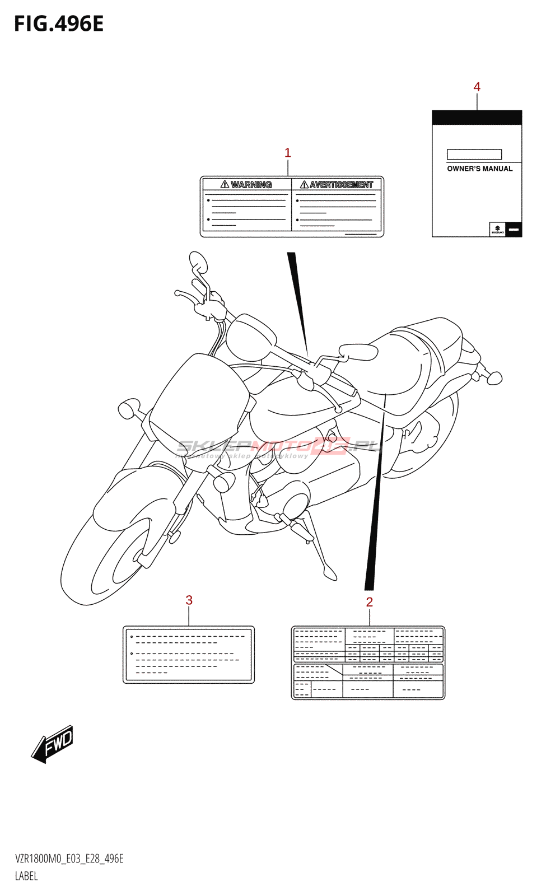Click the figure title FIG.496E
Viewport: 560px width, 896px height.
pyautogui.click(x=59, y=24)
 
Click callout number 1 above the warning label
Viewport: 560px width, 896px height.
pyautogui.click(x=288, y=152)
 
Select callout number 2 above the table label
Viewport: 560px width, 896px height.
pyautogui.click(x=370, y=602)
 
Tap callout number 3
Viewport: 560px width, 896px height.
pyautogui.click(x=189, y=600)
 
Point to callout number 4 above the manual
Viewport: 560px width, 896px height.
pyautogui.click(x=477, y=87)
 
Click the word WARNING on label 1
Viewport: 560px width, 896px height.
pyautogui.click(x=251, y=184)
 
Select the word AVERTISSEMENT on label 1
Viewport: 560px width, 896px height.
pyautogui.click(x=340, y=184)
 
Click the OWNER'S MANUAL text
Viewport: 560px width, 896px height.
pyautogui.click(x=479, y=169)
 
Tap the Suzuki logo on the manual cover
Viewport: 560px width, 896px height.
pyautogui.click(x=497, y=228)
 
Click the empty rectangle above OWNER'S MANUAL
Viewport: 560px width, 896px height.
pyautogui.click(x=474, y=154)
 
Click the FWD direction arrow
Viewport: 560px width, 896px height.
pyautogui.click(x=53, y=744)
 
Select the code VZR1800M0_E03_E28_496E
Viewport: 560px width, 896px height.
pyautogui.click(x=69, y=858)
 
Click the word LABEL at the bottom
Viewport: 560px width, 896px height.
pyautogui.click(x=26, y=876)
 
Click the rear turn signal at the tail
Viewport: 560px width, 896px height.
pyautogui.click(x=494, y=378)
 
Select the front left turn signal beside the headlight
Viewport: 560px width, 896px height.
pyautogui.click(x=128, y=409)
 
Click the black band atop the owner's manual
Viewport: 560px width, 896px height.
pyautogui.click(x=477, y=117)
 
